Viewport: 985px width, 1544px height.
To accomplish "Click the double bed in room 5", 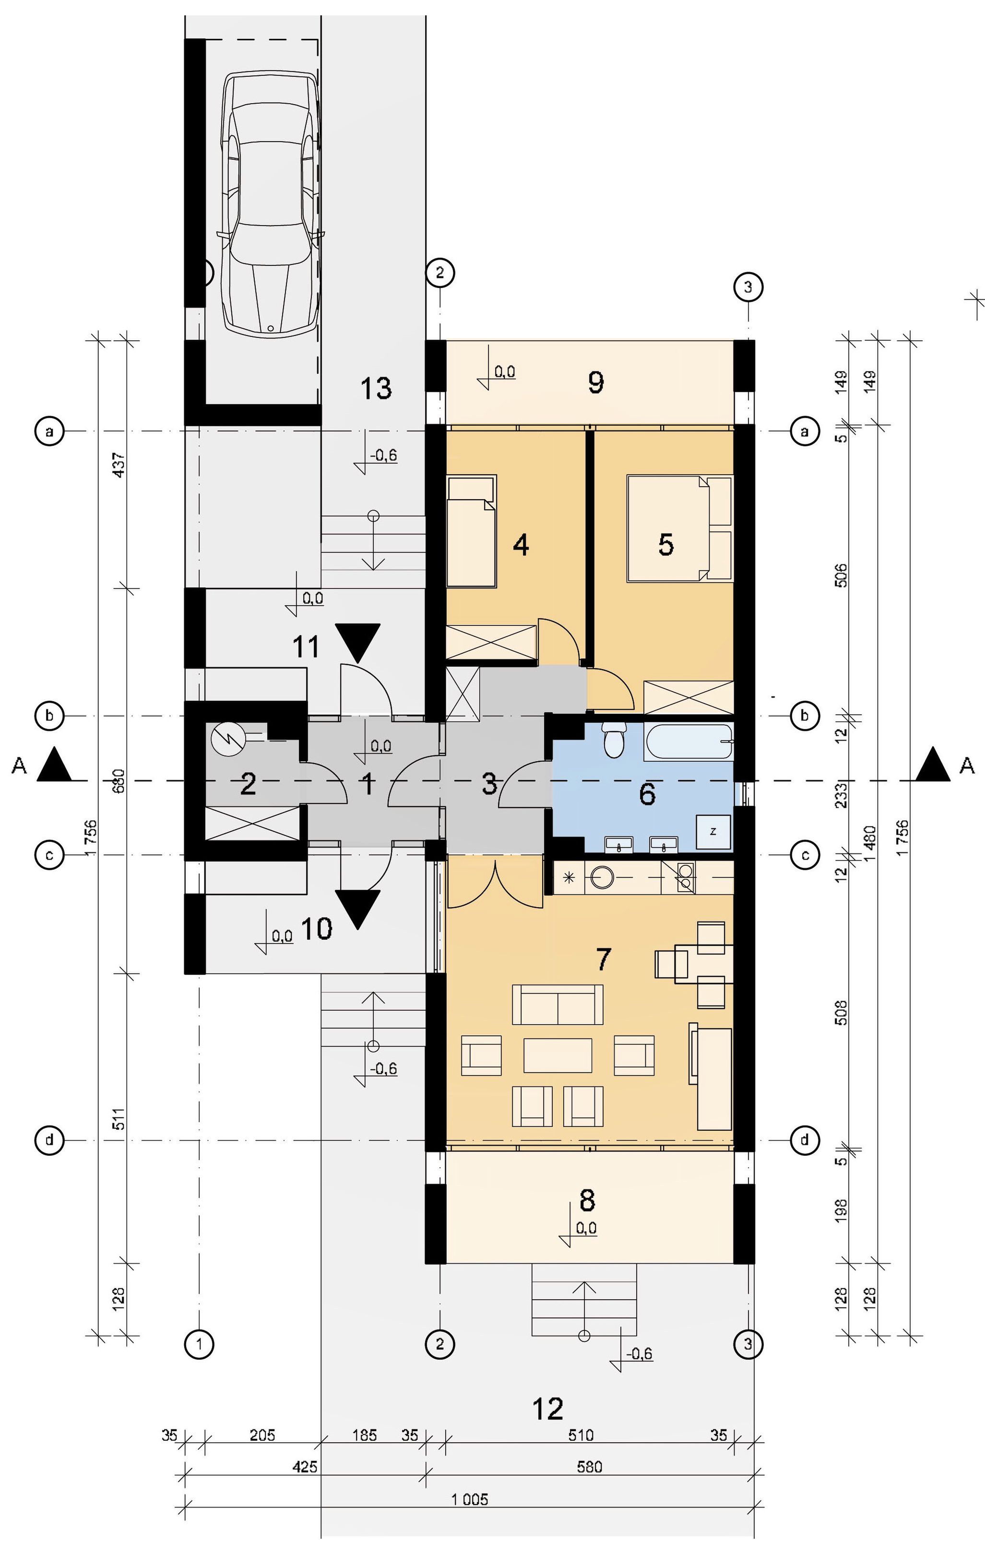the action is coord(679,528).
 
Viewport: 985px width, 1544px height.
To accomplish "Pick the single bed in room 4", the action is coord(472,531).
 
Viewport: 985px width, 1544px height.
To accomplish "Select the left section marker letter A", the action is coord(19,766).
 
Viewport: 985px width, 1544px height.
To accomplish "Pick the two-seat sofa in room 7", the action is coord(558,1005).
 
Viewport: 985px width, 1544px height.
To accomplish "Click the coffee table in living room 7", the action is coord(558,1055).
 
